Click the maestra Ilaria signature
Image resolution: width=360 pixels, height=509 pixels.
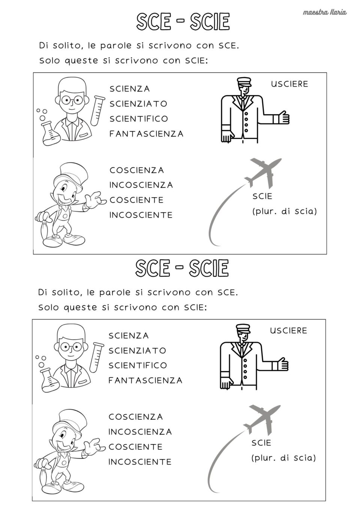pyautogui.click(x=324, y=12)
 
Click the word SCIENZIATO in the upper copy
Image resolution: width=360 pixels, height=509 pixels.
pyautogui.click(x=138, y=104)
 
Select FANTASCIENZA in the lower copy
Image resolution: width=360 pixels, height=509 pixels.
pyautogui.click(x=145, y=380)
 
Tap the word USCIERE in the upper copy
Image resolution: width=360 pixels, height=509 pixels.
pyautogui.click(x=289, y=84)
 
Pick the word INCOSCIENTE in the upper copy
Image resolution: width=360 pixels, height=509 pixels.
pyautogui.click(x=141, y=215)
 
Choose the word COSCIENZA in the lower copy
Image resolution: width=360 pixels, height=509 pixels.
pyautogui.click(x=135, y=417)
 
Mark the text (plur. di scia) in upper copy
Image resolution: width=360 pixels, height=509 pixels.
pyautogui.click(x=284, y=211)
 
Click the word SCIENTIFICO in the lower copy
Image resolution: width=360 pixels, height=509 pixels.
pyautogui.click(x=138, y=365)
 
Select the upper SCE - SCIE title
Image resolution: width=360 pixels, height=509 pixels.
pyautogui.click(x=183, y=22)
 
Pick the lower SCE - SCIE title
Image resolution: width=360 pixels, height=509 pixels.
pyautogui.click(x=182, y=268)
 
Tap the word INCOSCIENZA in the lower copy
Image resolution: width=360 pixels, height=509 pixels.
pyautogui.click(x=140, y=432)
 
